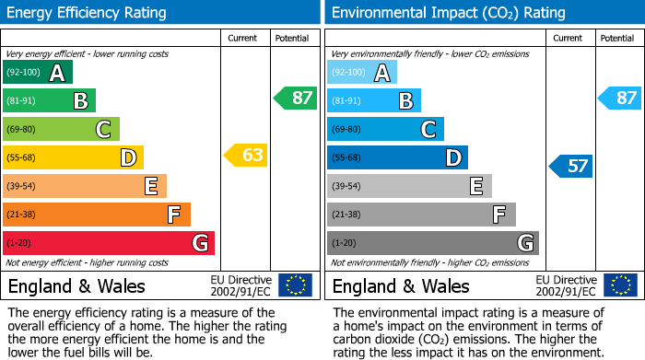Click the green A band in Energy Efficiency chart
coord(38,73)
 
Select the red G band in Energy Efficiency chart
coord(109,243)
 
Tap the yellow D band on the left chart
coord(73,157)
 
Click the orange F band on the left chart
coord(97,215)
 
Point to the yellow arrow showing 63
coord(246,156)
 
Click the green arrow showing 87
coord(296,99)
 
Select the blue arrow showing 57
coord(571,167)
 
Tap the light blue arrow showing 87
coord(620,99)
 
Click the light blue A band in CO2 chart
coord(362,73)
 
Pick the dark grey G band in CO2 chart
coord(433,243)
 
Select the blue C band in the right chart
coord(385,129)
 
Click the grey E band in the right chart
coord(409,186)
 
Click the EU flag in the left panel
coord(295,285)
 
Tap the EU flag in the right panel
coord(620,285)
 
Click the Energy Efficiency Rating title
coord(88,13)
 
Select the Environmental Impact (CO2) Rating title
coord(447,13)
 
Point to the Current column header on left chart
coord(243,38)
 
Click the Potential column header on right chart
coord(616,38)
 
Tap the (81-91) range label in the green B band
coord(22,101)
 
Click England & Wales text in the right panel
coord(400,286)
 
